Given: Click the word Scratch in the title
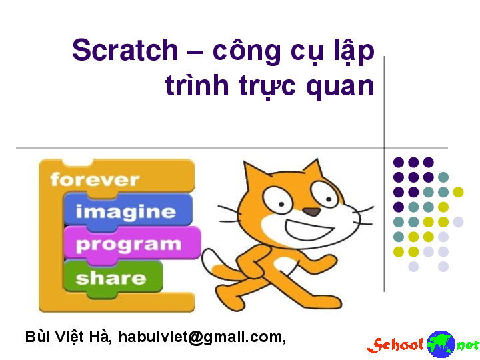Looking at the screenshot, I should pyautogui.click(x=125, y=51).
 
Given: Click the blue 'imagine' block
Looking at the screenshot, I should pyautogui.click(x=126, y=212).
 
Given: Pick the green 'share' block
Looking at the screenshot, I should pyautogui.click(x=111, y=277).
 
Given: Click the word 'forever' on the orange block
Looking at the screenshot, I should pyautogui.click(x=95, y=179).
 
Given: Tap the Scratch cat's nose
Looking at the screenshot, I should pyautogui.click(x=311, y=212).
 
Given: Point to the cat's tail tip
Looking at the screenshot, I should pyautogui.click(x=208, y=257).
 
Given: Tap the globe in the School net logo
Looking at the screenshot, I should pyautogui.click(x=441, y=344).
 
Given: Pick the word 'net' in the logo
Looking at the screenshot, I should pyautogui.click(x=467, y=345).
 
